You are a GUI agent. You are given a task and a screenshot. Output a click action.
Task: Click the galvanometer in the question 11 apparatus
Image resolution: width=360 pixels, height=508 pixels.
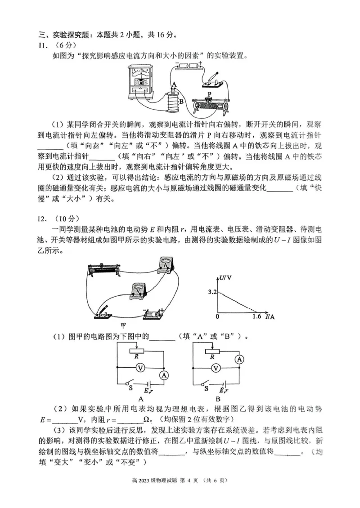point(142,82)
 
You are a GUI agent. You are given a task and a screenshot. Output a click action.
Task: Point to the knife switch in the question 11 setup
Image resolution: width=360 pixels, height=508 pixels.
point(212,80)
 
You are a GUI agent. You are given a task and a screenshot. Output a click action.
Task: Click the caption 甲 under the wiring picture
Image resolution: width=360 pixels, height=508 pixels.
point(123,326)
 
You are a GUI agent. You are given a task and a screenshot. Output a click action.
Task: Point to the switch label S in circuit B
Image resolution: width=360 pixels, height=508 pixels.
point(206,386)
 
